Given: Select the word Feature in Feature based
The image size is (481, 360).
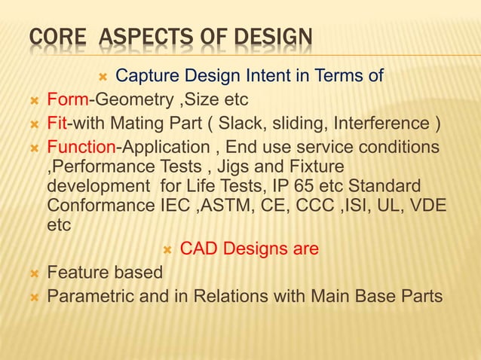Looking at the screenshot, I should pyautogui.click(x=76, y=271).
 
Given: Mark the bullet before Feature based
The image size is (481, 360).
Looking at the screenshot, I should pyautogui.click(x=32, y=272).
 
